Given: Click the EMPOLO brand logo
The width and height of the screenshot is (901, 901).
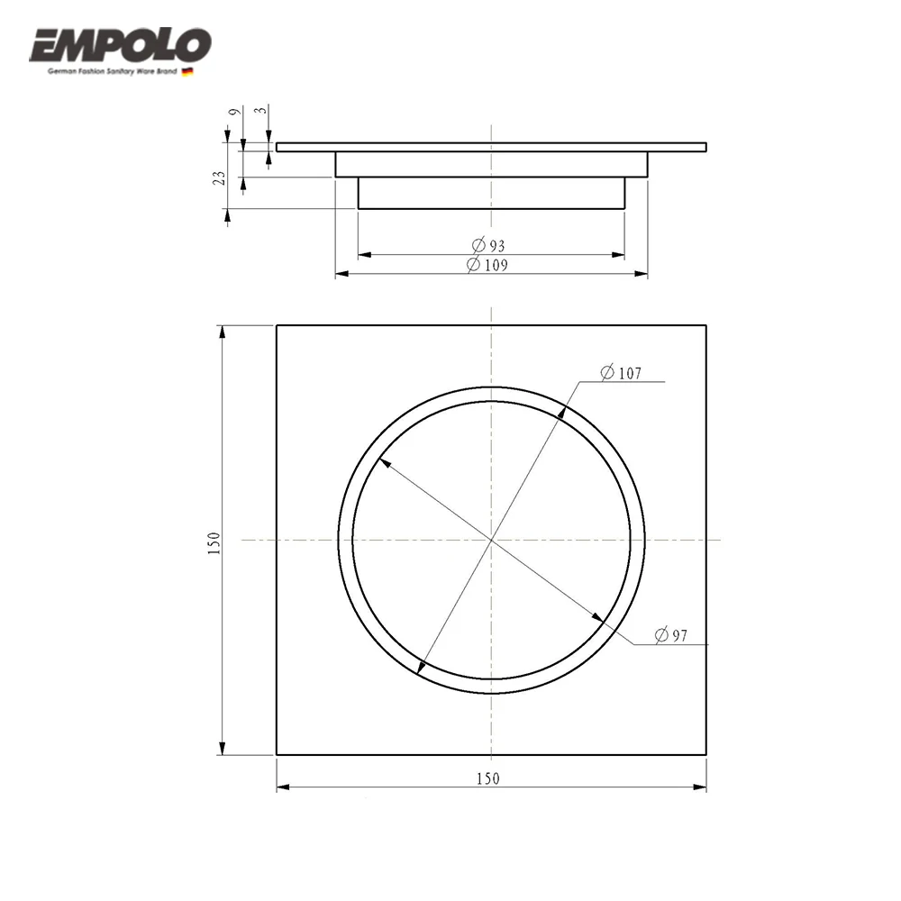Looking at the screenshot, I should (120, 45).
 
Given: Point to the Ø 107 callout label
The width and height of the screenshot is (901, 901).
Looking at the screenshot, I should (621, 373).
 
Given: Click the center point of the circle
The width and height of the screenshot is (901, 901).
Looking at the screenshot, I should (491, 540).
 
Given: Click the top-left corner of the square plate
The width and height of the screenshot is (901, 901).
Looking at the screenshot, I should (277, 325).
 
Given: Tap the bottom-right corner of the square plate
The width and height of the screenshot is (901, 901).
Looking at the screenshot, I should (706, 754).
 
